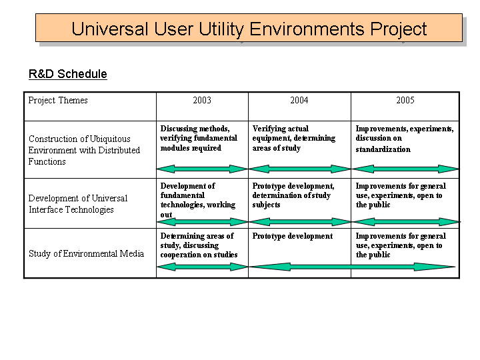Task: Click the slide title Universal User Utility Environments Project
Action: pos(249,29)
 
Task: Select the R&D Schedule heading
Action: pos(67,74)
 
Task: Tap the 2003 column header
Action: pos(202,100)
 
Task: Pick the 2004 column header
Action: pos(299,100)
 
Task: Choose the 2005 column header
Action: pos(405,100)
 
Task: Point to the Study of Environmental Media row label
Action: pos(86,253)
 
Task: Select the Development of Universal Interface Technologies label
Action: pos(78,204)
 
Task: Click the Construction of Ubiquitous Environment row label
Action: pos(84,150)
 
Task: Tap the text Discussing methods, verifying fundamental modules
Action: pos(199,138)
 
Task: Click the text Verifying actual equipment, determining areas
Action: pos(293,138)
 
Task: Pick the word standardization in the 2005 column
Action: pos(383,149)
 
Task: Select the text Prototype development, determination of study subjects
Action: pos(293,195)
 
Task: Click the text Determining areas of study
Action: pos(197,241)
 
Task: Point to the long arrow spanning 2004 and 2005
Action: pos(352,267)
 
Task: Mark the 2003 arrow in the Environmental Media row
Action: pos(202,267)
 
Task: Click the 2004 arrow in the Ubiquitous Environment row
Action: pos(299,169)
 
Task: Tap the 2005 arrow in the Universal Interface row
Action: pos(405,221)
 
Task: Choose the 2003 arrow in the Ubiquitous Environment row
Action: pos(202,169)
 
